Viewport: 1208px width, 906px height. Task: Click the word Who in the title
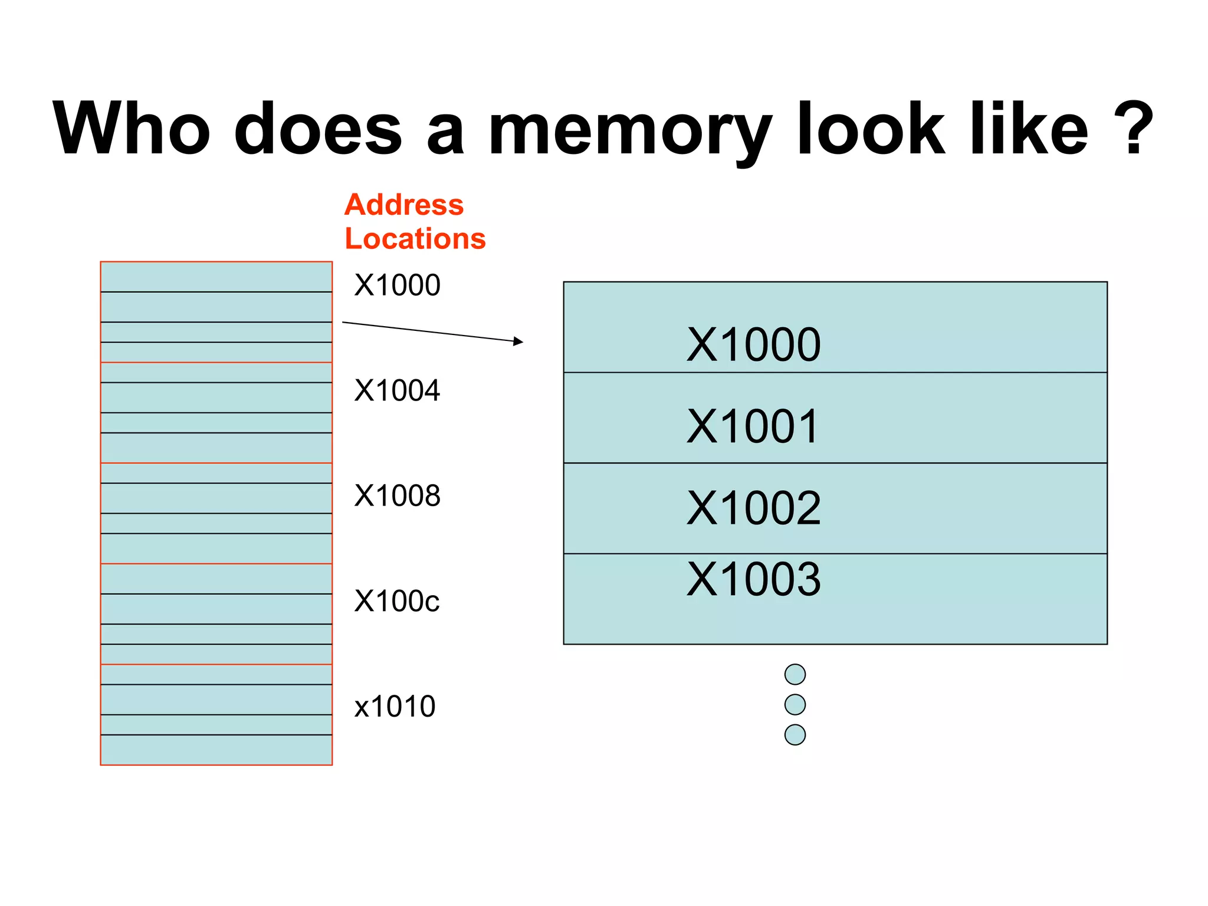131,129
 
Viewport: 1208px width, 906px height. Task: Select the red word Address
404,205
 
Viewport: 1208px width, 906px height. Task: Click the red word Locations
415,239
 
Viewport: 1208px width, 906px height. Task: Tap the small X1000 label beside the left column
397,285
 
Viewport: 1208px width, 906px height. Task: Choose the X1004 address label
397,390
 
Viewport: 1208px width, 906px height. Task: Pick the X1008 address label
397,495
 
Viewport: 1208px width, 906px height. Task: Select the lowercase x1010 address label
395,706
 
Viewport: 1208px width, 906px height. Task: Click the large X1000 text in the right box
753,344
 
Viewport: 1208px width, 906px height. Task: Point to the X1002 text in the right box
753,508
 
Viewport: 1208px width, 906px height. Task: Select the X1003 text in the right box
753,579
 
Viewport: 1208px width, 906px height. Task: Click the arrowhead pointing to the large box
518,341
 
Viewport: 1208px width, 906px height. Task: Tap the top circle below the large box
795,674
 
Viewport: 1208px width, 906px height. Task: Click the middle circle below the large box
795,704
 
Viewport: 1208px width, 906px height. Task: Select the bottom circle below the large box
795,734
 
